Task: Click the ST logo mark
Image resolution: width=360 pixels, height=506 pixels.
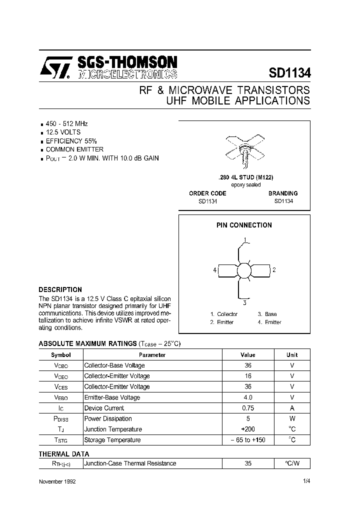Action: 54,66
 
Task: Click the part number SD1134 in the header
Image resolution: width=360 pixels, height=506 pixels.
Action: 289,72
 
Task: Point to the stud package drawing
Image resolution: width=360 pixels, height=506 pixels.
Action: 244,148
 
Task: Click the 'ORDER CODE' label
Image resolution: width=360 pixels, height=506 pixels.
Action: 207,193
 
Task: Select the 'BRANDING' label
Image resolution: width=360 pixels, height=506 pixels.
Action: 283,193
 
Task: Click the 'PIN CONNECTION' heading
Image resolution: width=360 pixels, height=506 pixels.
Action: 244,225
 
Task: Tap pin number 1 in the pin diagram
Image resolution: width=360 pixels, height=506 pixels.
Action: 244,238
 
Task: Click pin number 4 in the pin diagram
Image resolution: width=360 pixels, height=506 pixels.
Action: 214,270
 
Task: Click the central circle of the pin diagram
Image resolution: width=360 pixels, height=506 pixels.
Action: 244,270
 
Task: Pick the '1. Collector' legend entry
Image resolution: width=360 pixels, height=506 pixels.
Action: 223,314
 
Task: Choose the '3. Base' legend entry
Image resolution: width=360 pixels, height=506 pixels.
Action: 267,314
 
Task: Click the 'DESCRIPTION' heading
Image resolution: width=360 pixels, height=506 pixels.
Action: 60,289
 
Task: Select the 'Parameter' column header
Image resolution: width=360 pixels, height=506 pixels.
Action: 152,355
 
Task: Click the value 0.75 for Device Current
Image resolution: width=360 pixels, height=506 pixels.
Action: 248,408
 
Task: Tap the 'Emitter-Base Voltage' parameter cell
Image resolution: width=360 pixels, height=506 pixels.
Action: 112,397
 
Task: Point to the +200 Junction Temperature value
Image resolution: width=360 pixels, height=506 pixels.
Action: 248,429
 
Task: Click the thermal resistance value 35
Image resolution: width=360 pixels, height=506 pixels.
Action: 248,463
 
